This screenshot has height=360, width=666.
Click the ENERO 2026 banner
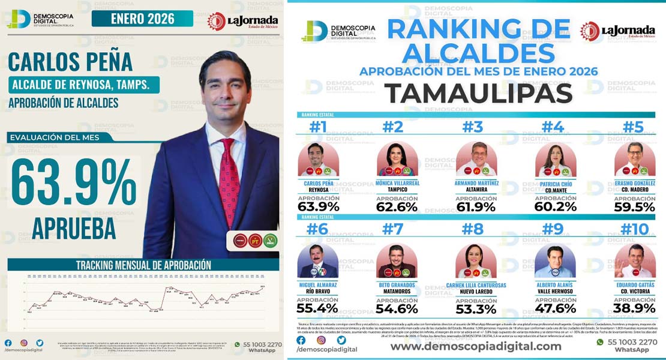[142, 19]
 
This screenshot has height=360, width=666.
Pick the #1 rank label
[318, 127]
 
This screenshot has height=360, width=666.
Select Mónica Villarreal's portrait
[397, 159]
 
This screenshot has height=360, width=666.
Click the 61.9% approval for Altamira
[476, 207]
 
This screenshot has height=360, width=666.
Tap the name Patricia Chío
[556, 184]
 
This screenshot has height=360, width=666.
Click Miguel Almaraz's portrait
[318, 262]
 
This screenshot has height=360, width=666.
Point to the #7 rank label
[397, 230]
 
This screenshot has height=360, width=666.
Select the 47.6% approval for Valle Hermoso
[556, 309]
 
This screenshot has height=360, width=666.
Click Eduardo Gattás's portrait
[635, 262]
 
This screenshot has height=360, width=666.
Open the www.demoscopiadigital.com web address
[476, 346]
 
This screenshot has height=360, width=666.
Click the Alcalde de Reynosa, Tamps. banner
[83, 85]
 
